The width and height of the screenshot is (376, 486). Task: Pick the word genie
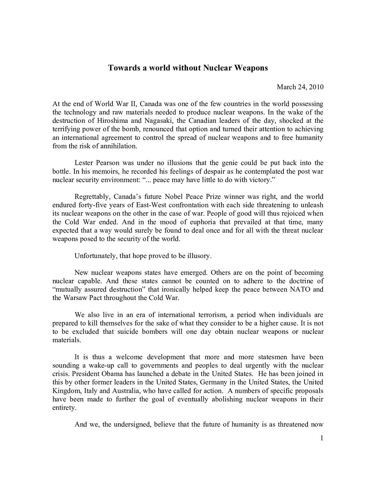coord(221,163)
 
